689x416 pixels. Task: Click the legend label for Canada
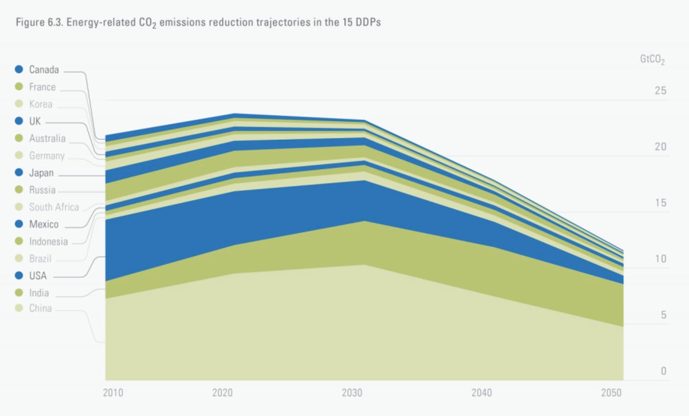[44, 70]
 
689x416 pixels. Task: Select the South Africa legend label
[54, 207]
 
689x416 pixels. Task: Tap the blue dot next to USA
[19, 275]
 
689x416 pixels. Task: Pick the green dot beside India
[19, 292]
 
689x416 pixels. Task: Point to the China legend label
[40, 308]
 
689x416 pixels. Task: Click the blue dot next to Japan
[19, 172]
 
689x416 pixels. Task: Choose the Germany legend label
[47, 156]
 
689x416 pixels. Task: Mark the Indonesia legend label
[48, 242]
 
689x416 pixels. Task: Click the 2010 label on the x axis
[113, 392]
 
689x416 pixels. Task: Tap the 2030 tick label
[352, 392]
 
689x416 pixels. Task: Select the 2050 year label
[611, 392]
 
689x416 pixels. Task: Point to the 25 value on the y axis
[660, 91]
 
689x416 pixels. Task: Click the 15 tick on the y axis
[660, 203]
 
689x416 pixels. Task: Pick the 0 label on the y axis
[663, 371]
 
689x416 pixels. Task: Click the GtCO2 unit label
[652, 59]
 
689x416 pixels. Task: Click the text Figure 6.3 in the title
[39, 22]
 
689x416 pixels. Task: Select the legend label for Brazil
[40, 259]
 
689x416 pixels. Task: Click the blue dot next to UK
[19, 121]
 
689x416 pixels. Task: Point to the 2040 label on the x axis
[481, 392]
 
